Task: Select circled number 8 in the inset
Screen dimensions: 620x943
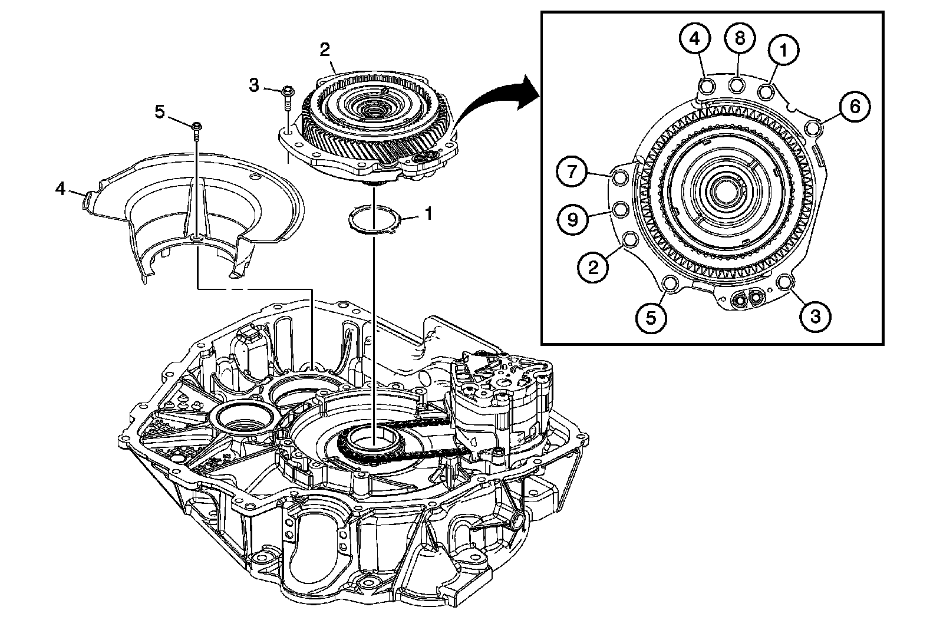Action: pyautogui.click(x=739, y=38)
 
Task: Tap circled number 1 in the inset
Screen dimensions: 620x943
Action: pyautogui.click(x=783, y=51)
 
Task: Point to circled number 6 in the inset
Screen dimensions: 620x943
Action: pyautogui.click(x=855, y=107)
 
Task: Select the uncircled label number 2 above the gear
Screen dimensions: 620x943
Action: pyautogui.click(x=325, y=50)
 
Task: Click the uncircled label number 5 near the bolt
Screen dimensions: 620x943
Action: pyautogui.click(x=160, y=111)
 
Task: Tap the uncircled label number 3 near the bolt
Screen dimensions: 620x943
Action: pyautogui.click(x=253, y=85)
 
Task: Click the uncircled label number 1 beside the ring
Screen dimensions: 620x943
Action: pyautogui.click(x=428, y=213)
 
